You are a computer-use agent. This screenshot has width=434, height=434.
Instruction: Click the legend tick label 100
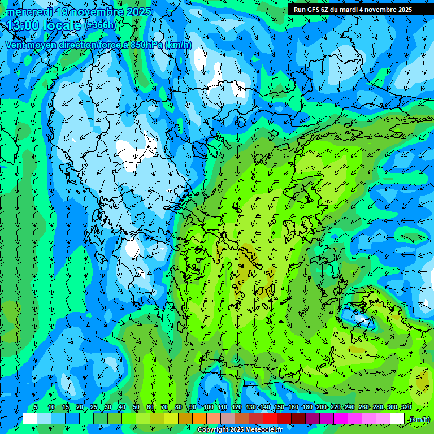click(209, 407)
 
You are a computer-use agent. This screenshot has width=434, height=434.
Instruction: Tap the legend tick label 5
click(36, 407)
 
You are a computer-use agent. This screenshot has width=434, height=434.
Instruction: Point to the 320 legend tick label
click(406, 407)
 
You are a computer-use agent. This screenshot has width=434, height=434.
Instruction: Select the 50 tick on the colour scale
click(136, 407)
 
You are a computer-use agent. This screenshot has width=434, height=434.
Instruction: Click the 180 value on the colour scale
click(307, 407)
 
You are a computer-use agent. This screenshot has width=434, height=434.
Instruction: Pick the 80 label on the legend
click(179, 407)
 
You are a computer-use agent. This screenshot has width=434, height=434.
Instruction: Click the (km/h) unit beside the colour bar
click(419, 419)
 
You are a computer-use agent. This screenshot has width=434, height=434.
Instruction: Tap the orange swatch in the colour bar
click(199, 419)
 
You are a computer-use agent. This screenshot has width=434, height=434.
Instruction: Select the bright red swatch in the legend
click(270, 419)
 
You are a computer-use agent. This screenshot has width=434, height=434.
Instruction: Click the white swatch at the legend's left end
click(30, 419)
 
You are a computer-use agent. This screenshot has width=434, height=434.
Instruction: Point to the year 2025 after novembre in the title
click(138, 12)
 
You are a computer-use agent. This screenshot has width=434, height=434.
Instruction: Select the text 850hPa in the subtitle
click(147, 45)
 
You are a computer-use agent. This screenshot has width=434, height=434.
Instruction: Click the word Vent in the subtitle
click(16, 45)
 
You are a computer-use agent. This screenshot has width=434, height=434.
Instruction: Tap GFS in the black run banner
click(313, 10)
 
